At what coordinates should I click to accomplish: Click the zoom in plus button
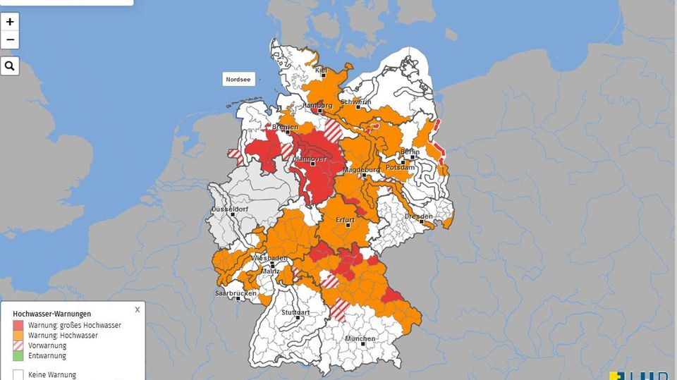[10, 22]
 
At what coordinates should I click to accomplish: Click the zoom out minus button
[10, 39]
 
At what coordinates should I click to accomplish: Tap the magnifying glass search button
[10, 66]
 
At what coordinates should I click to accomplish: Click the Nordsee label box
[238, 80]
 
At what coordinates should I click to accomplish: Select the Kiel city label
[322, 71]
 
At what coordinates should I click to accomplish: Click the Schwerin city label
[355, 102]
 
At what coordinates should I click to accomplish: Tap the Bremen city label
[286, 127]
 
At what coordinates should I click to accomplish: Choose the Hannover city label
[309, 159]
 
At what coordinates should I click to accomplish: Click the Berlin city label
[410, 152]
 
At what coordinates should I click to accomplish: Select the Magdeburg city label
[362, 171]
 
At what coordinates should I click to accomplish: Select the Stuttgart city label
[295, 312]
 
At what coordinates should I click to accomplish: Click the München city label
[360, 339]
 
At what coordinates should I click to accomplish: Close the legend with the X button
[138, 309]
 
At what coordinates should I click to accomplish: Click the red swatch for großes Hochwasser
[18, 325]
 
